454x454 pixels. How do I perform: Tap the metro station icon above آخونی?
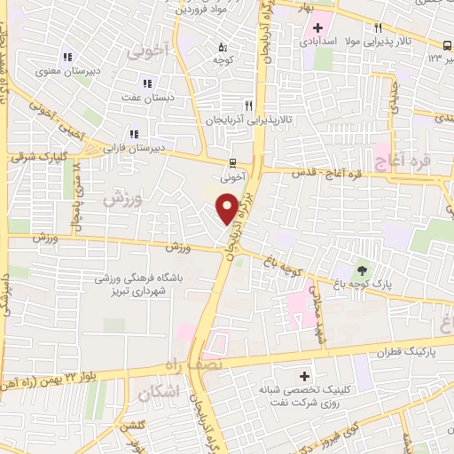click(x=232, y=162)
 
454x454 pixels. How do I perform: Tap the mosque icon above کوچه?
click(x=222, y=47)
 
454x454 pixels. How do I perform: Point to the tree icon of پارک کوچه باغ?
click(x=362, y=270)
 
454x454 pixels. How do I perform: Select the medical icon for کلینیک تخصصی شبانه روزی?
click(x=306, y=378)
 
